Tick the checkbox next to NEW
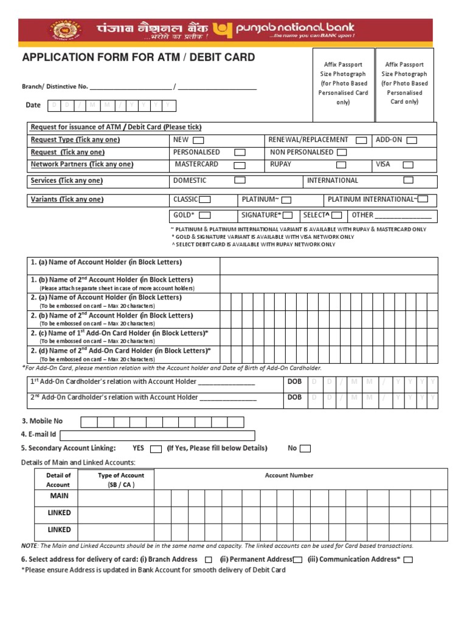pyautogui.click(x=198, y=140)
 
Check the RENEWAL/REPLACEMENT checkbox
pyautogui.click(x=361, y=140)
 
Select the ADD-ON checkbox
pyautogui.click(x=412, y=140)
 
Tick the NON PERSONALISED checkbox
pyautogui.click(x=342, y=152)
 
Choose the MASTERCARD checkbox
pyautogui.click(x=240, y=165)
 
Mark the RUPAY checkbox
pyautogui.click(x=342, y=165)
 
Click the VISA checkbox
pyautogui.click(x=408, y=165)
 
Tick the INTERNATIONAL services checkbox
pyautogui.click(x=409, y=180)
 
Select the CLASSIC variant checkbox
pyautogui.click(x=206, y=200)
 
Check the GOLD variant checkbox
pyautogui.click(x=205, y=215)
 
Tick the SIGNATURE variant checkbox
pyautogui.click(x=288, y=215)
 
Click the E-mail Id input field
pyautogui.click(x=157, y=435)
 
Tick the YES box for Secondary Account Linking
pyautogui.click(x=155, y=449)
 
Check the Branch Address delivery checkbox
pyautogui.click(x=209, y=559)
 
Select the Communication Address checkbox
pyautogui.click(x=408, y=559)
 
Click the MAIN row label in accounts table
pyautogui.click(x=59, y=496)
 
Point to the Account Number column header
pyautogui.click(x=289, y=476)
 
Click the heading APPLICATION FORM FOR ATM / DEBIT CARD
pyautogui.click(x=139, y=58)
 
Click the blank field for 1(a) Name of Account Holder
pyautogui.click(x=328, y=265)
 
